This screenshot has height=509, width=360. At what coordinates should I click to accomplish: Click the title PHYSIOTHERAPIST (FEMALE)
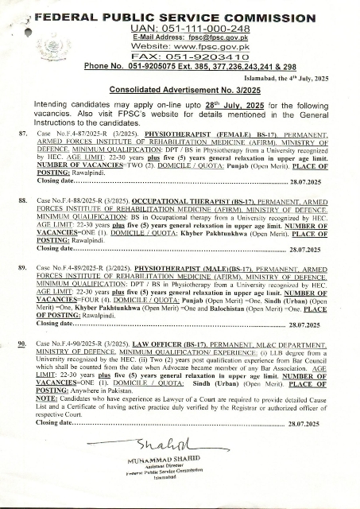click(177, 138)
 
